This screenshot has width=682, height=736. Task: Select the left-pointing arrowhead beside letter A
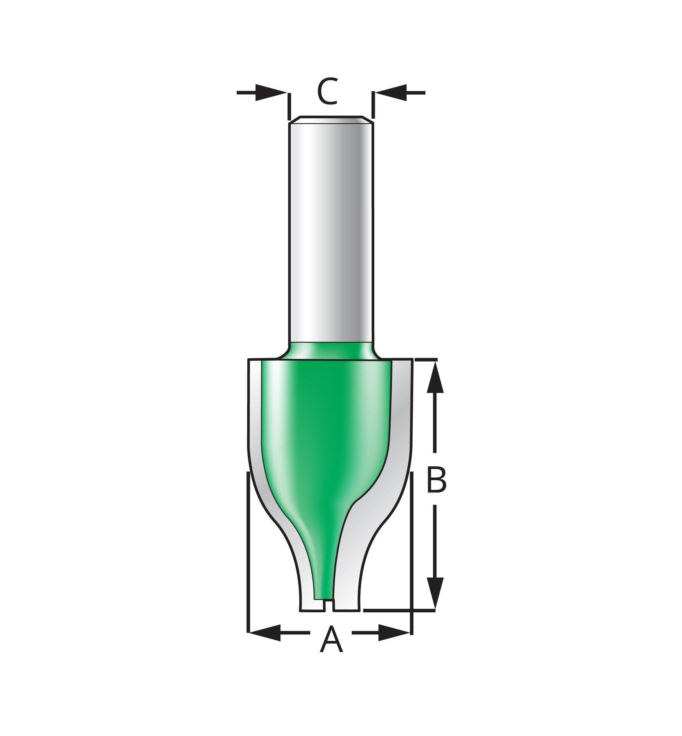(265, 632)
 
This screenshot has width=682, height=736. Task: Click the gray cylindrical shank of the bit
(331, 232)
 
